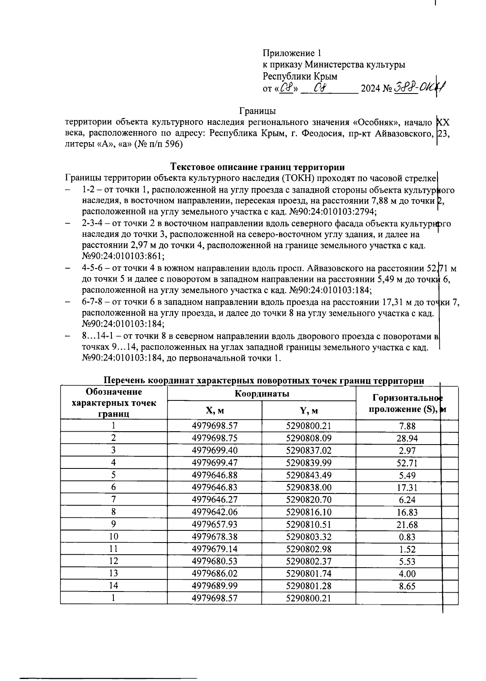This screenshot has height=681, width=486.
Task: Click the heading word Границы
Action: pyautogui.click(x=257, y=111)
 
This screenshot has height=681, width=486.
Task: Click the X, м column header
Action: pyautogui.click(x=215, y=411)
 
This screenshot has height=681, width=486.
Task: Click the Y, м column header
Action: pyautogui.click(x=309, y=411)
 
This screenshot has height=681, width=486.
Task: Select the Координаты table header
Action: pyautogui.click(x=262, y=394)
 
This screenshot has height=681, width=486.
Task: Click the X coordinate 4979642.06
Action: pyautogui.click(x=215, y=512)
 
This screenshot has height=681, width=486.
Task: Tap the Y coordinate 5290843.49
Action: pyautogui.click(x=309, y=475)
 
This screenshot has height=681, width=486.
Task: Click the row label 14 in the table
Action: pyautogui.click(x=114, y=586)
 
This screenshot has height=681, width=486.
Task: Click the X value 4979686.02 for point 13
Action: pyautogui.click(x=215, y=574)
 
